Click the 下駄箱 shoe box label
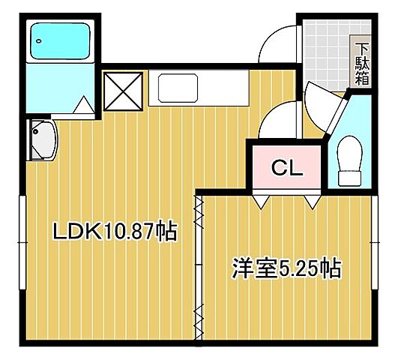[361, 61]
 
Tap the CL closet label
[286, 168]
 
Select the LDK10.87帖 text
[114, 232]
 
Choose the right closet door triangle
[312, 202]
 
